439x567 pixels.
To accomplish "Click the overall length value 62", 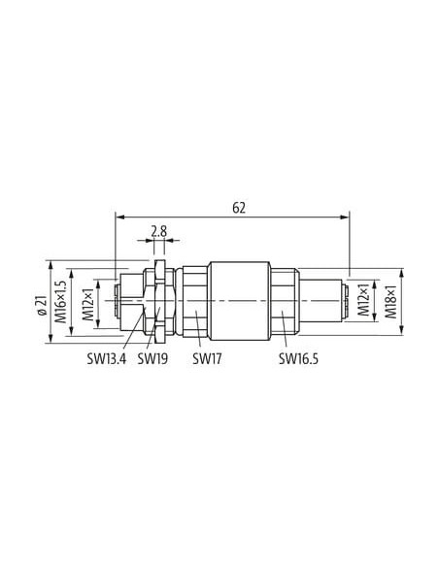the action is coord(239,208).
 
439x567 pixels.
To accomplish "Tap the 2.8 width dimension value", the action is coord(158,231).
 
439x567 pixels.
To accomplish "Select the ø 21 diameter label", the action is coord(42,305).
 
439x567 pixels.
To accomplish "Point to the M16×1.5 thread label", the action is coord(61,302).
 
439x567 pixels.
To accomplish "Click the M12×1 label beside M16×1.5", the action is coord(87,305).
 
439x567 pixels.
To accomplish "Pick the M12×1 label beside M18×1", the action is coord(363,300).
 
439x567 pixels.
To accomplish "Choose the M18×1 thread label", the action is coord(390,302).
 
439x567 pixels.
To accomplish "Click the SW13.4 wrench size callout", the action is coord(106,359).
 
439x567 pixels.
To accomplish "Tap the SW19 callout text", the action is coord(152,359).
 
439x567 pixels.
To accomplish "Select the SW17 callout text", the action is coord(207,359).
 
